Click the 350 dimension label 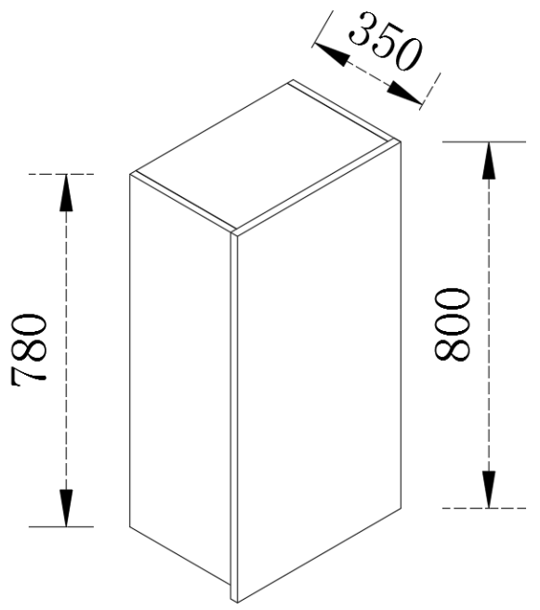(385, 42)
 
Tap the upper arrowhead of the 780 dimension (66, 192)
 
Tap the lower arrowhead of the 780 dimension (66, 508)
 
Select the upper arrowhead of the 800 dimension (489, 160)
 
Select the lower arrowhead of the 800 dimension (489, 489)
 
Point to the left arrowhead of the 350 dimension (331, 54)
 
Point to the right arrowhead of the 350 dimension (404, 93)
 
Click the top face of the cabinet (265, 155)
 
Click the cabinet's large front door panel (319, 374)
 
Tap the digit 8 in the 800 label (452, 349)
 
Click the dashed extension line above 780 (61, 174)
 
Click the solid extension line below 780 (61, 526)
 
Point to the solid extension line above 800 (484, 142)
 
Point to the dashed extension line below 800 (484, 508)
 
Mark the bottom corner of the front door (237, 602)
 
